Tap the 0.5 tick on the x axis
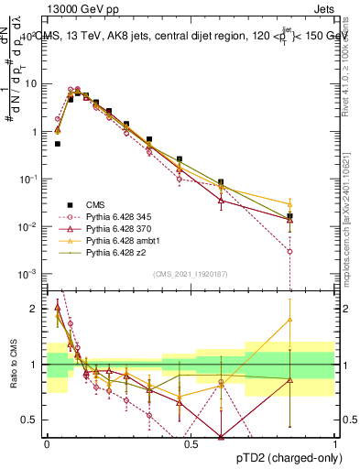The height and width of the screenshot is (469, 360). (x=191, y=442)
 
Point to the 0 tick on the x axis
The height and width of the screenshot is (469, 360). (x=47, y=442)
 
